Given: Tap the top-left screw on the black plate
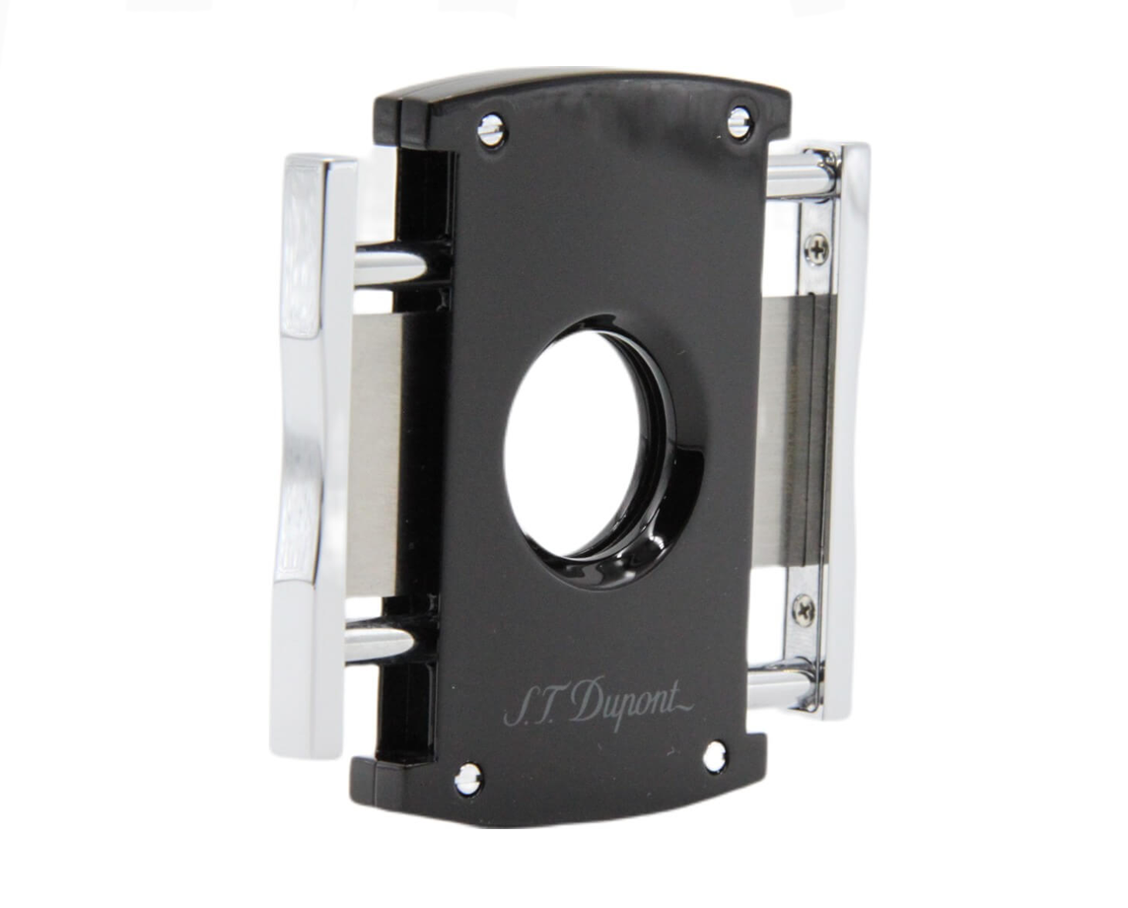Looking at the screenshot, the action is pyautogui.click(x=492, y=131).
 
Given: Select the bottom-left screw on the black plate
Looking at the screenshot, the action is pyautogui.click(x=467, y=778).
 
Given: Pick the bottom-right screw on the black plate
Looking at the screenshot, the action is pyautogui.click(x=714, y=755).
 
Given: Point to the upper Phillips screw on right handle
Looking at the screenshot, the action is pyautogui.click(x=815, y=248).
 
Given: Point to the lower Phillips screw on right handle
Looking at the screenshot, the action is pyautogui.click(x=805, y=610).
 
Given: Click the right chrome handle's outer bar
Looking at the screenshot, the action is pyautogui.click(x=849, y=432).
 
